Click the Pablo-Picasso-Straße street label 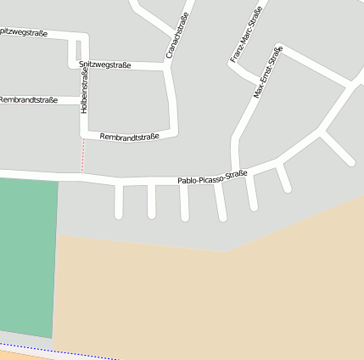(212, 177)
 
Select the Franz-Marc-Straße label (245, 34)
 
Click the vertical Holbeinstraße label (84, 92)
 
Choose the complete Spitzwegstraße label (104, 65)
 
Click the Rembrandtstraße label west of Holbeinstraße (28, 100)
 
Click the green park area (27, 255)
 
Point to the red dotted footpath (83, 155)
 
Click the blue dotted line (51, 350)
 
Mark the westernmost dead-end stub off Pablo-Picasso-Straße (119, 202)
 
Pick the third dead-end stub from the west (184, 204)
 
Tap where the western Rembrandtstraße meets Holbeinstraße (83, 100)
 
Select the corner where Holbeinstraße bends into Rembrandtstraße (84, 134)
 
